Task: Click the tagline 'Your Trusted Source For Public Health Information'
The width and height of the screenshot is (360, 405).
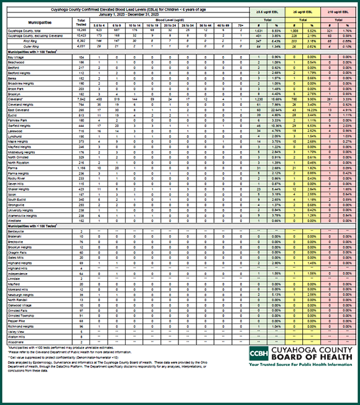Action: tap(301, 366)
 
